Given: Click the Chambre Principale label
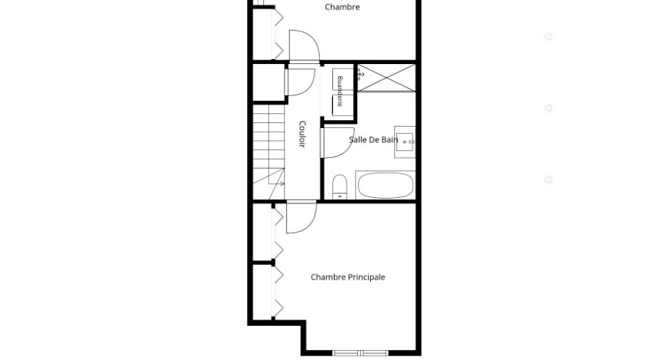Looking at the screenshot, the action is pos(348,277).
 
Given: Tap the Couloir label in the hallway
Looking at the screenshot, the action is pos(302,134).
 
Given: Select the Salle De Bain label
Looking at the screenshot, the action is pos(374,139).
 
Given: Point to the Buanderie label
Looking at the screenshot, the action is pos(340,91).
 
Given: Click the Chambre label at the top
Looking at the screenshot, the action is pos(342,7).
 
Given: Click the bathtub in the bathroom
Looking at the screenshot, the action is pos(385,185).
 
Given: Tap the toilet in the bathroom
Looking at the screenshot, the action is pos(339,187).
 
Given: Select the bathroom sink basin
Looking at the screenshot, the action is pos(405,142).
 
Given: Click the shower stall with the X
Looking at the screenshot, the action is pos(386,78).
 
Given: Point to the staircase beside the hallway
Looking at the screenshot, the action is pos(269,152).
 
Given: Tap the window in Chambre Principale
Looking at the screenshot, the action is pos(361,353).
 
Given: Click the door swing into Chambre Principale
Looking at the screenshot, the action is pos(301,217).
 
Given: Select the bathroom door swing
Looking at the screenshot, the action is pos(337,143).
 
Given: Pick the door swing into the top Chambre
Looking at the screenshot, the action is pos(304,46).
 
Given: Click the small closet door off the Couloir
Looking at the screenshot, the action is pos(300,82).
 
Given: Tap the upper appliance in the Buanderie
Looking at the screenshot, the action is pos(343,80).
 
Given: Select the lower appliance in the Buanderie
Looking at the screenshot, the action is pos(343,105).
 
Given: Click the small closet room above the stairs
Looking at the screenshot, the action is pos(269,83).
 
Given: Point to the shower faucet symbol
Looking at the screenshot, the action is pos(360,75).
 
